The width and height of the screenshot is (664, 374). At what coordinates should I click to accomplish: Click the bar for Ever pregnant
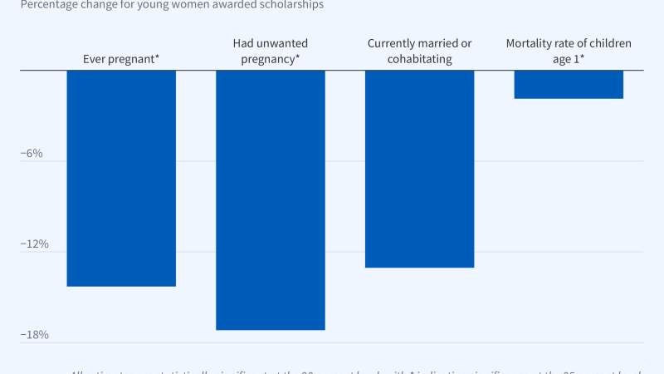[121, 178]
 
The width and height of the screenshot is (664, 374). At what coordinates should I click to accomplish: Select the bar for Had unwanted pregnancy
[270, 199]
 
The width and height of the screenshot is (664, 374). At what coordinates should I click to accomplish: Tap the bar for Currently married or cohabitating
[419, 169]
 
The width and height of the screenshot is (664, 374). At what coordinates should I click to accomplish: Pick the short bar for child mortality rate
[569, 84]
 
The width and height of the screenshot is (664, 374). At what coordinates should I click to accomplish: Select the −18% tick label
[34, 335]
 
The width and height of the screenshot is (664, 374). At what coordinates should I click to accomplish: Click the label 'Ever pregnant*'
[121, 59]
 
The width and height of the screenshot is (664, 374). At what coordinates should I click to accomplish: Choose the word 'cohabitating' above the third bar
[419, 59]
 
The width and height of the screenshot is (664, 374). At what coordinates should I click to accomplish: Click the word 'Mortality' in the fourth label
[531, 43]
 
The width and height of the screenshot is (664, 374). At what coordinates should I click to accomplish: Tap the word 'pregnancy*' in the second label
[270, 59]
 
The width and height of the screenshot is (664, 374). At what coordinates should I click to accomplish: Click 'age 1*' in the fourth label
[569, 59]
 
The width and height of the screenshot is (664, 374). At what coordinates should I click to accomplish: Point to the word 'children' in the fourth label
[608, 43]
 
